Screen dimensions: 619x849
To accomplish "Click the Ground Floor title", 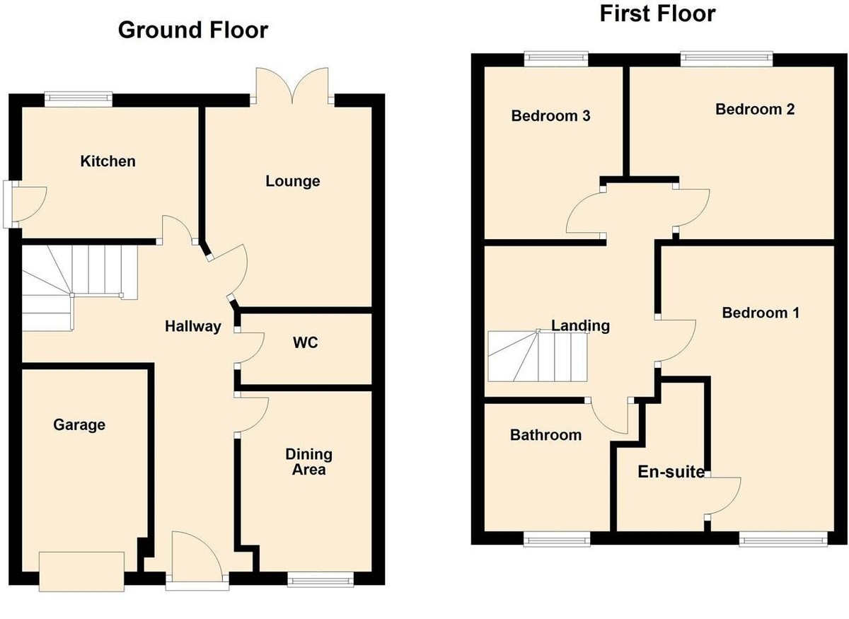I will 192,30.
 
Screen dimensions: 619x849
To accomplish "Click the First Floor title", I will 657,13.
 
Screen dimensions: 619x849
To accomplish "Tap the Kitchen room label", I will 108,161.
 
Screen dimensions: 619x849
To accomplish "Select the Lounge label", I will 292,181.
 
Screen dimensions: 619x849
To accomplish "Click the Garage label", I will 79,424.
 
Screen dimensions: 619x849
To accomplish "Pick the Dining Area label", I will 308,461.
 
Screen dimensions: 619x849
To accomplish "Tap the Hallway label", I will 192,327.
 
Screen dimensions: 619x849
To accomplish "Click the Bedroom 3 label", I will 550,116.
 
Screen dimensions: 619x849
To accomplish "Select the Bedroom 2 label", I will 755,109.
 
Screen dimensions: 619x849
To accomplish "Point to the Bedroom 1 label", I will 761,313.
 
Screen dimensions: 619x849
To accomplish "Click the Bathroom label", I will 545,435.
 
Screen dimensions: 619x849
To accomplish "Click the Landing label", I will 580,325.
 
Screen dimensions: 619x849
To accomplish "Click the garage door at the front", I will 83,572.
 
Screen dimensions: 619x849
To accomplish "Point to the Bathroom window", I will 557,539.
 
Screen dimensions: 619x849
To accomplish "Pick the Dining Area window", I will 320,579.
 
